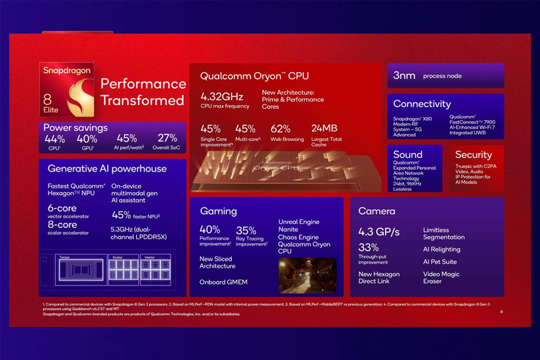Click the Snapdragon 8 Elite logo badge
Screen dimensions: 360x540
pyautogui.click(x=67, y=89)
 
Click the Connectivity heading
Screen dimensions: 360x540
pyautogui.click(x=422, y=104)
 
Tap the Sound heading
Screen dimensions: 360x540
pyautogui.click(x=407, y=154)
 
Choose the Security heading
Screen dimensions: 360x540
pyautogui.click(x=473, y=155)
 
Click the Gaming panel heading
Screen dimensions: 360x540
pyautogui.click(x=218, y=211)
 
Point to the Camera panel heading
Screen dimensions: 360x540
pyautogui.click(x=376, y=211)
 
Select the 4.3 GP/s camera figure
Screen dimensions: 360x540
pyautogui.click(x=378, y=232)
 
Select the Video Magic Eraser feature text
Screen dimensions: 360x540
pyautogui.click(x=441, y=278)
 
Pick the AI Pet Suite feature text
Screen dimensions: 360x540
pyautogui.click(x=440, y=262)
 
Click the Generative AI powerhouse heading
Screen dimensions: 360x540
pyautogui.click(x=107, y=169)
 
